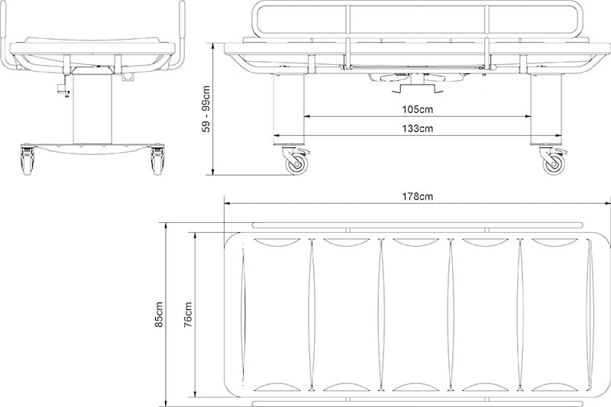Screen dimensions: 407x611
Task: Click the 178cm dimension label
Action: click(x=417, y=196)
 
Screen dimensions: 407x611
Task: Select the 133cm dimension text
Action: click(x=417, y=128)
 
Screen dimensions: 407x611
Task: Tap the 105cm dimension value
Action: click(x=417, y=109)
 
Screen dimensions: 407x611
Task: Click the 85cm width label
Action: click(x=160, y=314)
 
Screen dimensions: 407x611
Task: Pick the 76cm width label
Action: click(x=188, y=314)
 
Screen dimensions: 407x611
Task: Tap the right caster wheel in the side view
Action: click(x=552, y=163)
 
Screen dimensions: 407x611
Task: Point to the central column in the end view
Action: click(x=93, y=107)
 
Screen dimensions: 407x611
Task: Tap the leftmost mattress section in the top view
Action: click(x=276, y=314)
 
